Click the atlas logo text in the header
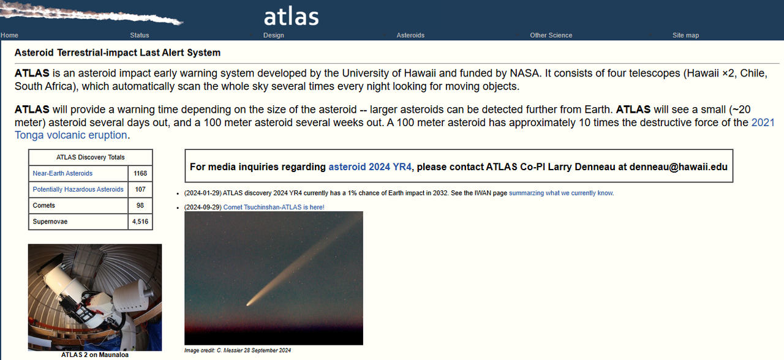tap(291, 17)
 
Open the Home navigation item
tap(9, 36)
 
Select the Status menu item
tap(139, 36)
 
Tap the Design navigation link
tap(274, 36)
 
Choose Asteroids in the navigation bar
tap(410, 36)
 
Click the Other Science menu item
tap(551, 36)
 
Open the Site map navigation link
tap(685, 36)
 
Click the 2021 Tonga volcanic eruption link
tap(394, 129)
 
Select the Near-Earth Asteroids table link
tap(62, 173)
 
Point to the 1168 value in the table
tap(140, 173)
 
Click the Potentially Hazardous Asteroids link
tap(78, 189)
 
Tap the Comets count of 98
tap(140, 205)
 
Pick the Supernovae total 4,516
tap(140, 222)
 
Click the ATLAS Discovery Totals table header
tap(90, 157)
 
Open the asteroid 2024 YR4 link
tap(370, 167)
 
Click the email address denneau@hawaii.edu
tap(678, 167)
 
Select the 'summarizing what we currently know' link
tap(560, 193)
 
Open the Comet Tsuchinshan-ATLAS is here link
tap(274, 207)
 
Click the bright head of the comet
tap(250, 303)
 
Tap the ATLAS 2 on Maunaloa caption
tap(95, 354)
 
